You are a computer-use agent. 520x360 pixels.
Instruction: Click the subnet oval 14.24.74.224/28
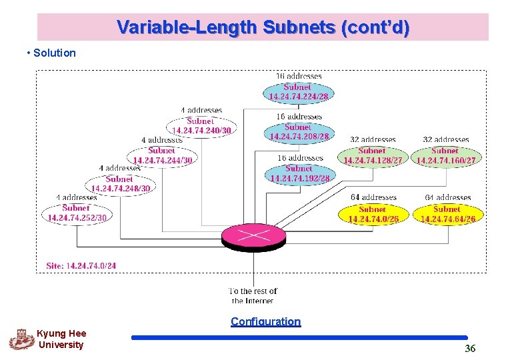[298, 92]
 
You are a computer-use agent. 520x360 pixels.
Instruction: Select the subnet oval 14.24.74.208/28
[299, 132]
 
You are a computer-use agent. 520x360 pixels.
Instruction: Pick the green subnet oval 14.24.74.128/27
[373, 156]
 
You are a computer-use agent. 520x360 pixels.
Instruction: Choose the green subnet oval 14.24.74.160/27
[446, 156]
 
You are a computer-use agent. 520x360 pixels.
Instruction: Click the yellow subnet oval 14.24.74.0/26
[373, 214]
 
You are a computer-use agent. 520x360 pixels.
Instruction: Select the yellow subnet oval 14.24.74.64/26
[447, 214]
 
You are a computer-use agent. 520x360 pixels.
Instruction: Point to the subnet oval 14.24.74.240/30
[201, 126]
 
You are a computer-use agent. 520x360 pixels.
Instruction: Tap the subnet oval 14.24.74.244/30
[163, 155]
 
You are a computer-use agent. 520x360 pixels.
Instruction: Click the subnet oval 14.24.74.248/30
[121, 184]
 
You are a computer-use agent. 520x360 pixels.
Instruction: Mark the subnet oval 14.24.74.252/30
[77, 213]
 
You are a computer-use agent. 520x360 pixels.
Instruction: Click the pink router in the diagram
[253, 235]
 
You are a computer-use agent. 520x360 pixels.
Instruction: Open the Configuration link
[265, 321]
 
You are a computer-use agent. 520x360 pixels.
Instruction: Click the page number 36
[470, 349]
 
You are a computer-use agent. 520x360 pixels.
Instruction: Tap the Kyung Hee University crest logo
[21, 339]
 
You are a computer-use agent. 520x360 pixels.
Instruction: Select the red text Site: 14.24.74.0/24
[81, 265]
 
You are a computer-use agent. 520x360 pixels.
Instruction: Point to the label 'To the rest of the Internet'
[253, 296]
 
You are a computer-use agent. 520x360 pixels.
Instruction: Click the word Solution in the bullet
[55, 53]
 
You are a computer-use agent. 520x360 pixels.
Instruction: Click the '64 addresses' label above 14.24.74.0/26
[373, 197]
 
